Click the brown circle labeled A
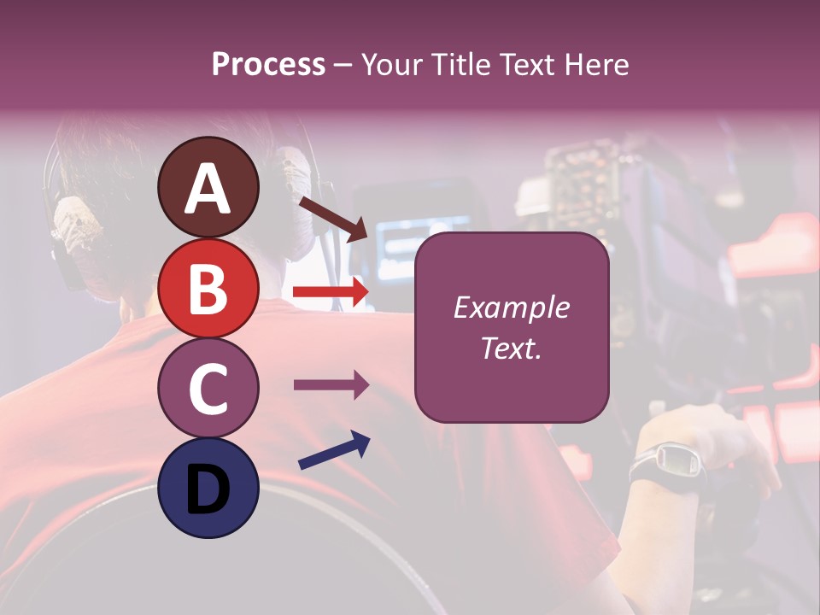point(208,188)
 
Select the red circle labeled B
point(208,289)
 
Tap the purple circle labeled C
point(208,389)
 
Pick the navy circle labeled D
point(208,489)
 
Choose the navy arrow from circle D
point(334,450)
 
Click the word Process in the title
point(268,64)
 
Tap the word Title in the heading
point(458,64)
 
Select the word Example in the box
point(512,307)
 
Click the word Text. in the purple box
point(512,348)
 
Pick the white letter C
point(208,390)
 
